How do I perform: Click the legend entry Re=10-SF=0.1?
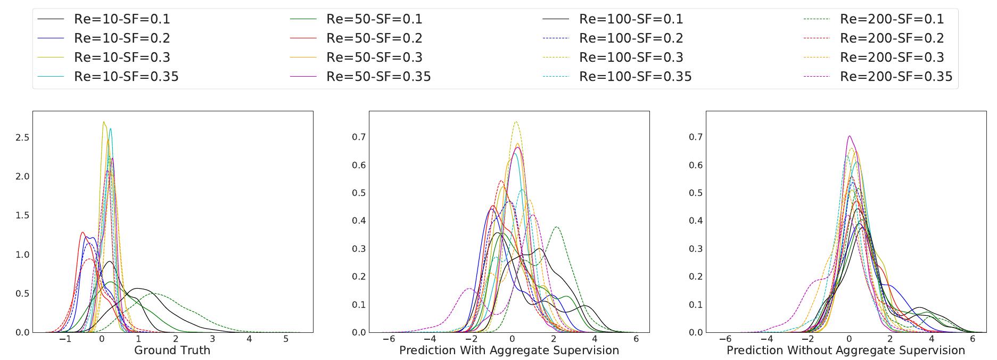(x=122, y=19)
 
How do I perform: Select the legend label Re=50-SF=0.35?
(x=378, y=77)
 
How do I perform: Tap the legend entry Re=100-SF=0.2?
(x=631, y=38)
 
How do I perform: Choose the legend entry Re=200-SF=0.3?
(x=892, y=58)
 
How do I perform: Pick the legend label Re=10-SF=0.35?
(x=126, y=77)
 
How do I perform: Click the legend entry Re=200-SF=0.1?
(x=892, y=19)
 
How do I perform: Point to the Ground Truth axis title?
(x=172, y=350)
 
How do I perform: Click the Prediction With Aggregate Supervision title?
(x=509, y=350)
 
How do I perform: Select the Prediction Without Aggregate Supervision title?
(x=845, y=350)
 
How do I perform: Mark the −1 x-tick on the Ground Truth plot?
(x=64, y=339)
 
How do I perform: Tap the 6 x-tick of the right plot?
(x=972, y=339)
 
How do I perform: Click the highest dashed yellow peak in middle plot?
(x=516, y=122)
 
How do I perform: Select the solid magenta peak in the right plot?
(x=849, y=136)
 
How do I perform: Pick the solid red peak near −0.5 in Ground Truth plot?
(x=83, y=232)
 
